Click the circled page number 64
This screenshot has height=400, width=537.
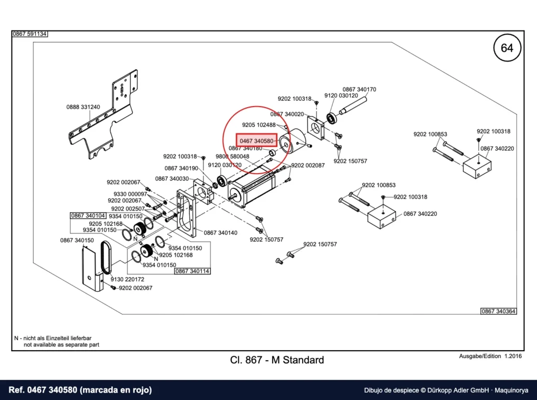pyautogui.click(x=507, y=48)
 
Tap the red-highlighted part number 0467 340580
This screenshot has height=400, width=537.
pyautogui.click(x=256, y=141)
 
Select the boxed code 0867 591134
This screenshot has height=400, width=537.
pyautogui.click(x=30, y=34)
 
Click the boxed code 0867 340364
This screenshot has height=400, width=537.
pyautogui.click(x=499, y=311)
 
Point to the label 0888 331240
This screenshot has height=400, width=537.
pyautogui.click(x=83, y=107)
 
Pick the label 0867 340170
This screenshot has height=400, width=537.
pyautogui.click(x=359, y=89)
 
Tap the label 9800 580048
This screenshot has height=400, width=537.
pyautogui.click(x=232, y=156)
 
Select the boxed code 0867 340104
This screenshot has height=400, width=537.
pyautogui.click(x=88, y=216)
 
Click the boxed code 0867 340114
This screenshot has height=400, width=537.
pyautogui.click(x=192, y=271)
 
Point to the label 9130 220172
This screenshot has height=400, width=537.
pyautogui.click(x=127, y=279)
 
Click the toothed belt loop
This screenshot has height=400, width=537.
pyautogui.click(x=105, y=258)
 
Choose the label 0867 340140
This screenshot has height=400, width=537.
pyautogui.click(x=221, y=233)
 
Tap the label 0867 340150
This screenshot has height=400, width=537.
pyautogui.click(x=77, y=240)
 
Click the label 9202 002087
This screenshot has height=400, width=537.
pyautogui.click(x=308, y=165)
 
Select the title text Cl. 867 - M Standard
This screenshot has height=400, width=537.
pyautogui.click(x=277, y=360)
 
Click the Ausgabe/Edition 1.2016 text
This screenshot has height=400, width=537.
pyautogui.click(x=490, y=356)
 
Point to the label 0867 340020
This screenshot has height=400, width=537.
pyautogui.click(x=287, y=114)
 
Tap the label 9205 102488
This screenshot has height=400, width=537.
pyautogui.click(x=259, y=125)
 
